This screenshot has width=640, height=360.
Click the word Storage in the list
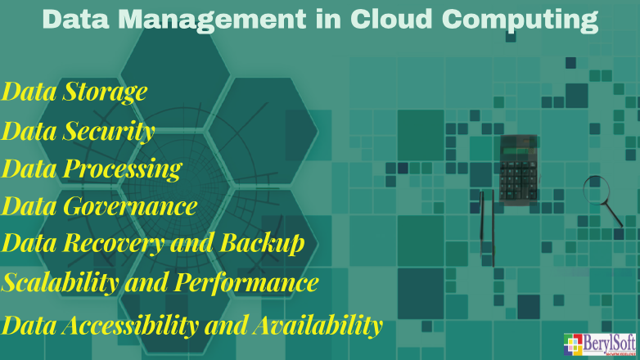106,92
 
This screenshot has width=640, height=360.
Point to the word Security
110,131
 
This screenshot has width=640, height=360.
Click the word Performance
245,283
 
